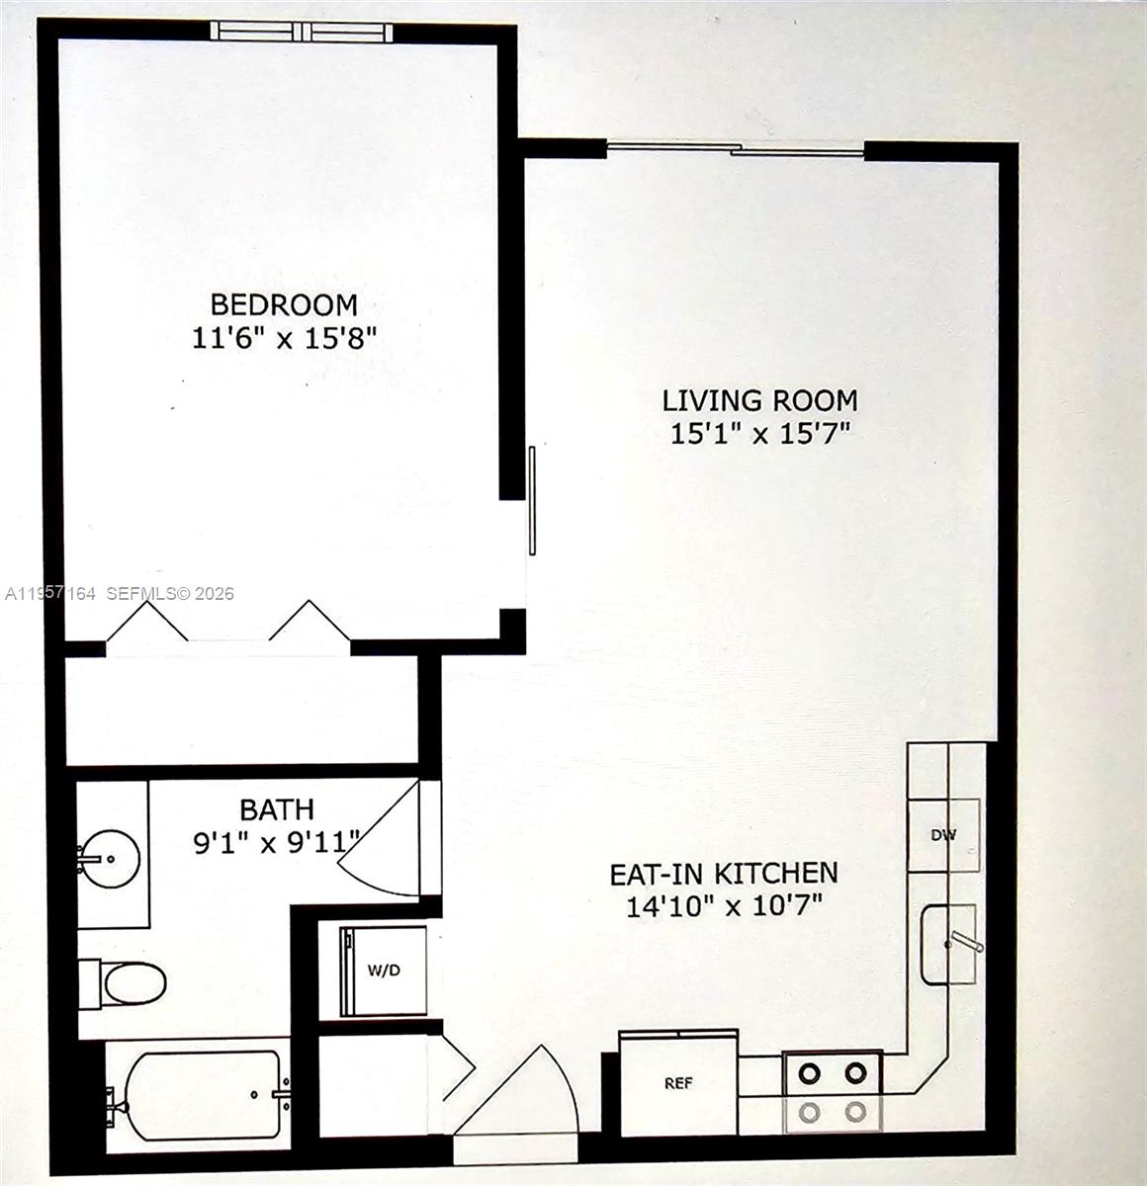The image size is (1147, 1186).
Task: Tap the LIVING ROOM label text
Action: [759, 400]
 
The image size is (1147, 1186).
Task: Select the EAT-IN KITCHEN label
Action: [723, 873]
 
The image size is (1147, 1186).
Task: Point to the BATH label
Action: [277, 809]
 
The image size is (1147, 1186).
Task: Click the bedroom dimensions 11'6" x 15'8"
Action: [283, 339]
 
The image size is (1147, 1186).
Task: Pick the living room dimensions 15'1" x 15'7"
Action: [759, 434]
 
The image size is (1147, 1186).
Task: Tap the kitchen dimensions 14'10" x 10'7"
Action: [724, 906]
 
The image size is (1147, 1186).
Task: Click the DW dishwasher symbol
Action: [944, 835]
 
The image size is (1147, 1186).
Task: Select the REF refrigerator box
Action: [678, 1081]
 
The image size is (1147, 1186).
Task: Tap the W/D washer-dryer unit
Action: [384, 971]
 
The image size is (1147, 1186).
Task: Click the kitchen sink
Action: [948, 945]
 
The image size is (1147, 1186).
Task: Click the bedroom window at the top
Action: [305, 31]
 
